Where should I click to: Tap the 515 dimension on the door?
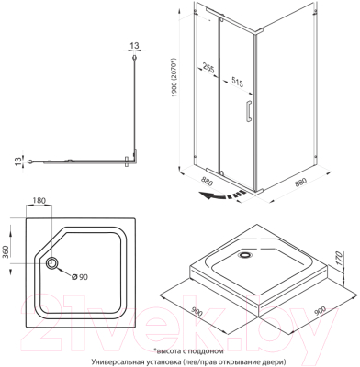[x=238, y=80]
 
